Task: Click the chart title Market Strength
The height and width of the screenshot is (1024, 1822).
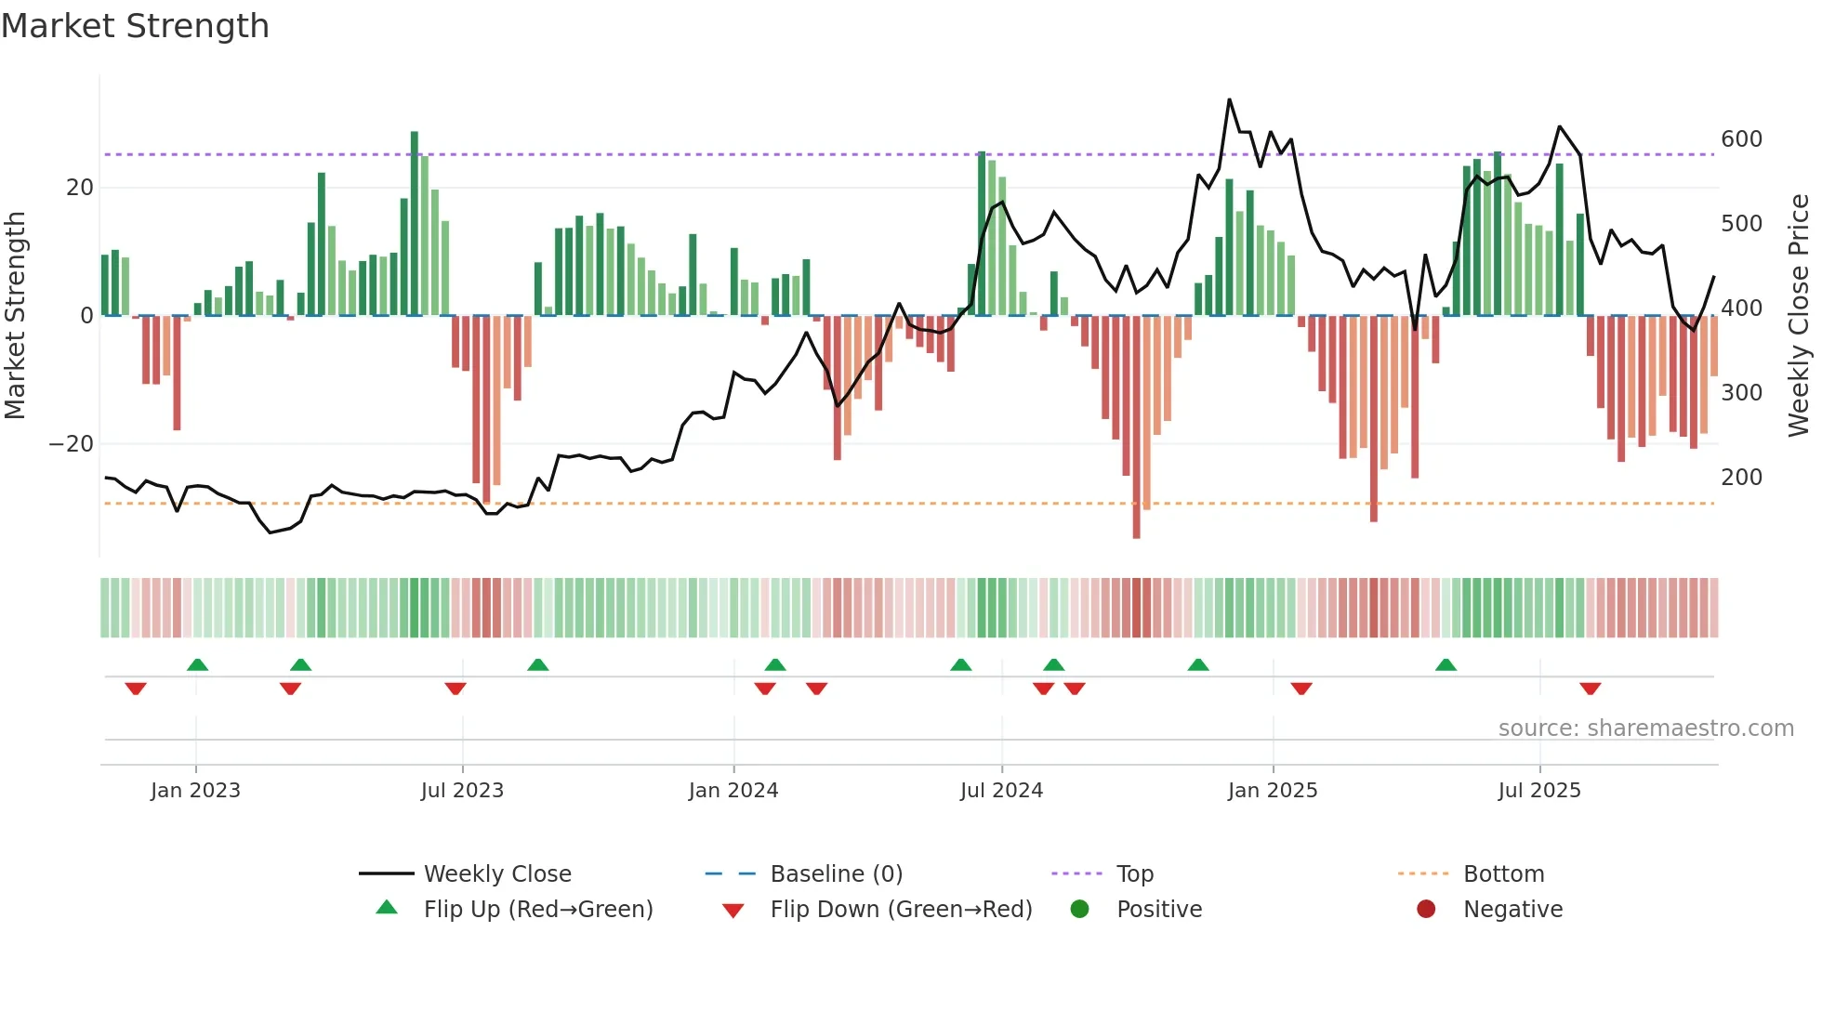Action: (x=135, y=26)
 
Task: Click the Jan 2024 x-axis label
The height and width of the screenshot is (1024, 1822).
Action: (x=733, y=791)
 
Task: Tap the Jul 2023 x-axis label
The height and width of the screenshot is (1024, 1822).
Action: (x=462, y=791)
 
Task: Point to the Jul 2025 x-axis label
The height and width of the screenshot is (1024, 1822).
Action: (x=1538, y=791)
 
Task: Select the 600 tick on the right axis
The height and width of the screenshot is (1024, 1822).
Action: (x=1740, y=139)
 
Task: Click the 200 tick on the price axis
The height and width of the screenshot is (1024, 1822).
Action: (x=1740, y=478)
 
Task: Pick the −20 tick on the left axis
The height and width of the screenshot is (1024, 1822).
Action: (x=71, y=444)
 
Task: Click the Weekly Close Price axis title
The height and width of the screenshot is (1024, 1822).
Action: (x=1798, y=316)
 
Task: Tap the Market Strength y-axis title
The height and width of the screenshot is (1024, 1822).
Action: (x=16, y=316)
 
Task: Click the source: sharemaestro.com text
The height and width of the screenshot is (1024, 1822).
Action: (x=1645, y=729)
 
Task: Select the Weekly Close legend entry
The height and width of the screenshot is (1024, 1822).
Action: (x=496, y=874)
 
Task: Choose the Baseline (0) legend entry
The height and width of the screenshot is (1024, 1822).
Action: (x=836, y=874)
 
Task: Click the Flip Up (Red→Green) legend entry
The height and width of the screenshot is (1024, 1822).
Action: (x=537, y=910)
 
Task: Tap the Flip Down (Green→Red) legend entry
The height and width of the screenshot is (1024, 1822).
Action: (x=900, y=910)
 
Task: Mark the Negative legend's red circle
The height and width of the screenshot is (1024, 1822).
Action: (x=1425, y=910)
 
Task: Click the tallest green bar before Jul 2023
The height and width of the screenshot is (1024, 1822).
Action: (x=415, y=223)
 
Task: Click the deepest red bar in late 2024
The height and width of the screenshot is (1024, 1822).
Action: (x=1136, y=427)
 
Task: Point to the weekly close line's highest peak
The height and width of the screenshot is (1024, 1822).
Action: (x=1229, y=100)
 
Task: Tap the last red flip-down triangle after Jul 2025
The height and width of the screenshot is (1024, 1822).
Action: (x=1590, y=689)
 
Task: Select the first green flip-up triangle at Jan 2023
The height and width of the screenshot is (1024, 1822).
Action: (x=197, y=664)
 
